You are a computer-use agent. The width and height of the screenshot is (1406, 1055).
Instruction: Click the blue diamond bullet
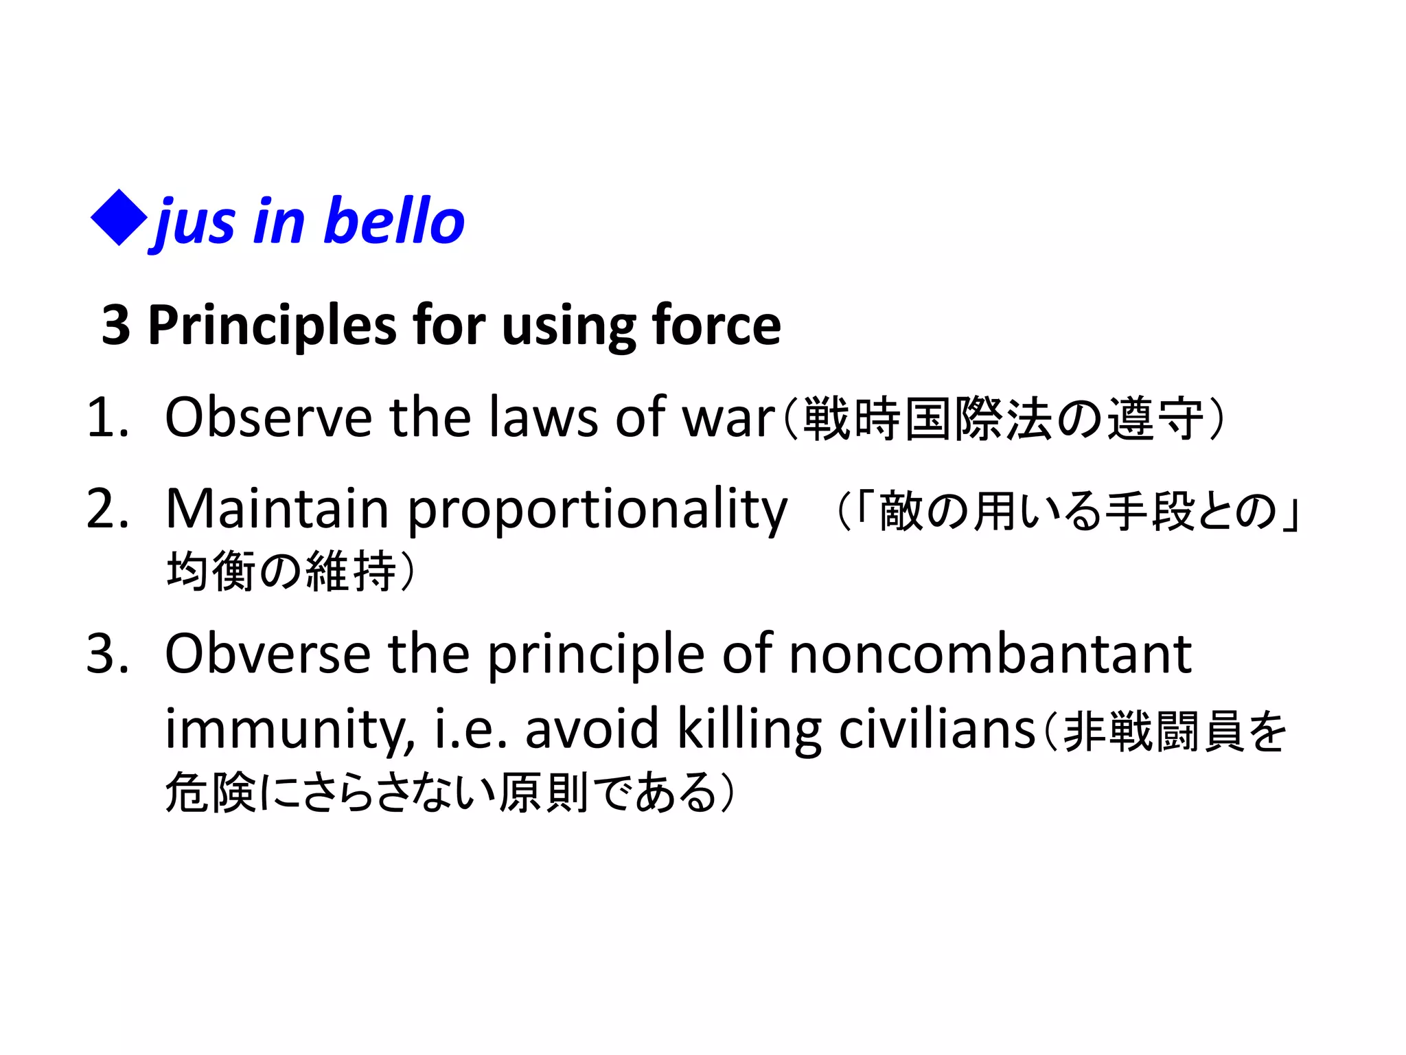119,218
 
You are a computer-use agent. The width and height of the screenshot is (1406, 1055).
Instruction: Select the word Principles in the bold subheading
272,325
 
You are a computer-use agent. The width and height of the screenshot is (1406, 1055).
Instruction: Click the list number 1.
106,418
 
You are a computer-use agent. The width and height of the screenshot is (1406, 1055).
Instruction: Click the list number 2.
106,509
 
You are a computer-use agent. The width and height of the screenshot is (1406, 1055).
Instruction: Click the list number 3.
106,654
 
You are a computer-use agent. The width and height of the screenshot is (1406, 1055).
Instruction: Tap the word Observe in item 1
268,418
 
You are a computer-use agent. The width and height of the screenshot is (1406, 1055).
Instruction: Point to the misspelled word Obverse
268,654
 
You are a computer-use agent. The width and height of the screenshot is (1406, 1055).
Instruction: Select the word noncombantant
990,654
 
